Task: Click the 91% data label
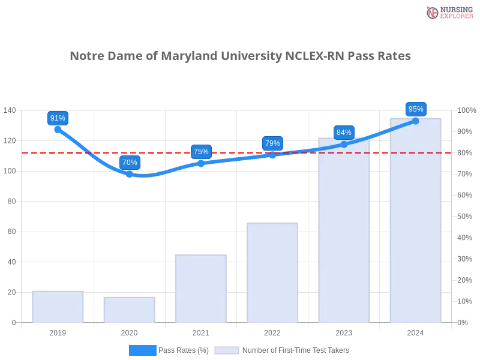[x=58, y=118]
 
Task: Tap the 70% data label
[x=130, y=162]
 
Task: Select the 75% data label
[x=202, y=152]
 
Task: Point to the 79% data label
[x=272, y=143]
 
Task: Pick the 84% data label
[x=344, y=133]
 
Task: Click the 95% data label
[x=415, y=109]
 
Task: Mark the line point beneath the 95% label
[x=415, y=121]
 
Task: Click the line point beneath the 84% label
[x=344, y=144]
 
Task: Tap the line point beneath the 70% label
[x=130, y=174]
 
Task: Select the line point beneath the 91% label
[x=58, y=129]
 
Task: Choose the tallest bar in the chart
[x=415, y=222]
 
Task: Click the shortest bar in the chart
[x=130, y=310]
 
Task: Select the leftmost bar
[x=58, y=307]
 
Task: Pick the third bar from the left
[x=202, y=290]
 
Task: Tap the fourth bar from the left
[x=273, y=274]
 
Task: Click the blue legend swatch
[x=143, y=350]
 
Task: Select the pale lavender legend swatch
[x=227, y=350]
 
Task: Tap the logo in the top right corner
[x=448, y=12]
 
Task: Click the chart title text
[x=240, y=56]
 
